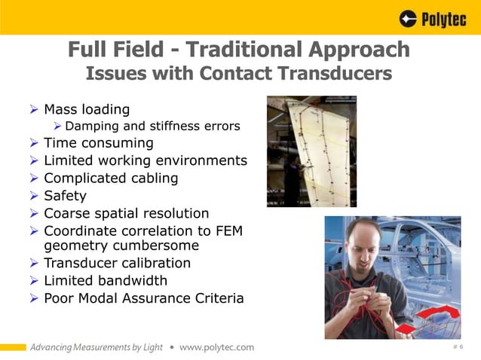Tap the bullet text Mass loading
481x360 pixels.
[x=87, y=109]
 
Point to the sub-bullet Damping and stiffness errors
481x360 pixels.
[x=152, y=126]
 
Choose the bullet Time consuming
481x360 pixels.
[x=98, y=142]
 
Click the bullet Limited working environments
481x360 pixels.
[x=145, y=160]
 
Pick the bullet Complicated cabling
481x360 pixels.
[x=111, y=178]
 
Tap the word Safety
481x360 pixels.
[x=65, y=196]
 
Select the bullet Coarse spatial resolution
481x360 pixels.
[x=126, y=213]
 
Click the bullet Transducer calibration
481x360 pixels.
[x=117, y=263]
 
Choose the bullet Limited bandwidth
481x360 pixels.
[x=105, y=280]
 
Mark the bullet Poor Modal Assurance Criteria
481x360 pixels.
[x=143, y=297]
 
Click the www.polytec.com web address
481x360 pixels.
[x=216, y=347]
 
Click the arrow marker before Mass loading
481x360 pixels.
[x=33, y=110]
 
